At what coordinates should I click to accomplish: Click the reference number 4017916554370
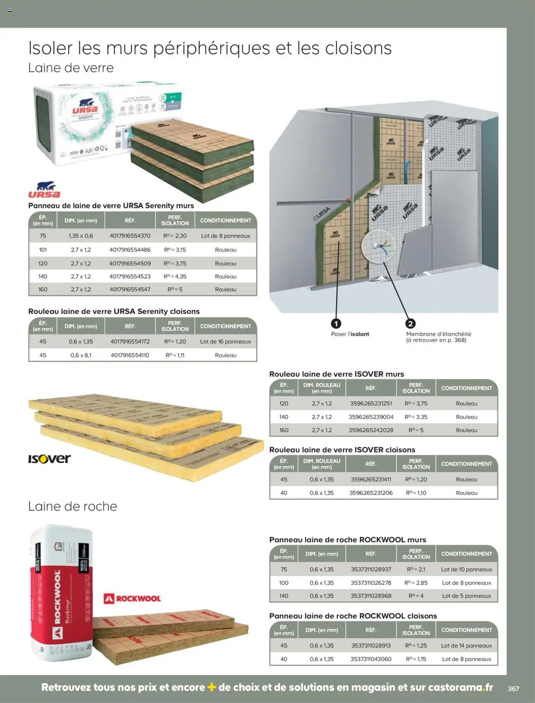[130, 236]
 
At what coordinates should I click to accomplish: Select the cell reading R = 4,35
[175, 277]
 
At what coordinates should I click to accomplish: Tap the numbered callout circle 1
[336, 324]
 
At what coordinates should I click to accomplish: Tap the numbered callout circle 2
[410, 324]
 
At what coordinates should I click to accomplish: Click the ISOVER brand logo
[49, 459]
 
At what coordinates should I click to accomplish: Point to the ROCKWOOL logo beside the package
[132, 599]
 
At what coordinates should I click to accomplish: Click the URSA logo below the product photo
[44, 190]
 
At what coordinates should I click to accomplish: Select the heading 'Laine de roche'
[72, 506]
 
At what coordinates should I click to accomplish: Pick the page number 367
[513, 689]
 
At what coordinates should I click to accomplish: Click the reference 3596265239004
[371, 417]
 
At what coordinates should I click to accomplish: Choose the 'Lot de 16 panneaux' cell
[226, 342]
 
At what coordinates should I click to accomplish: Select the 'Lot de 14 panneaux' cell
[466, 646]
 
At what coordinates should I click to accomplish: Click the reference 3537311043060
[371, 659]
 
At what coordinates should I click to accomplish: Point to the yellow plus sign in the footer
[211, 687]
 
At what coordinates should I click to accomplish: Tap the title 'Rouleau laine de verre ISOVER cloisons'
[342, 450]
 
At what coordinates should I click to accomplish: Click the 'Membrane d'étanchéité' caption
[438, 334]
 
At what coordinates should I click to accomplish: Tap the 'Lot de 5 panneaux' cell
[466, 596]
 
